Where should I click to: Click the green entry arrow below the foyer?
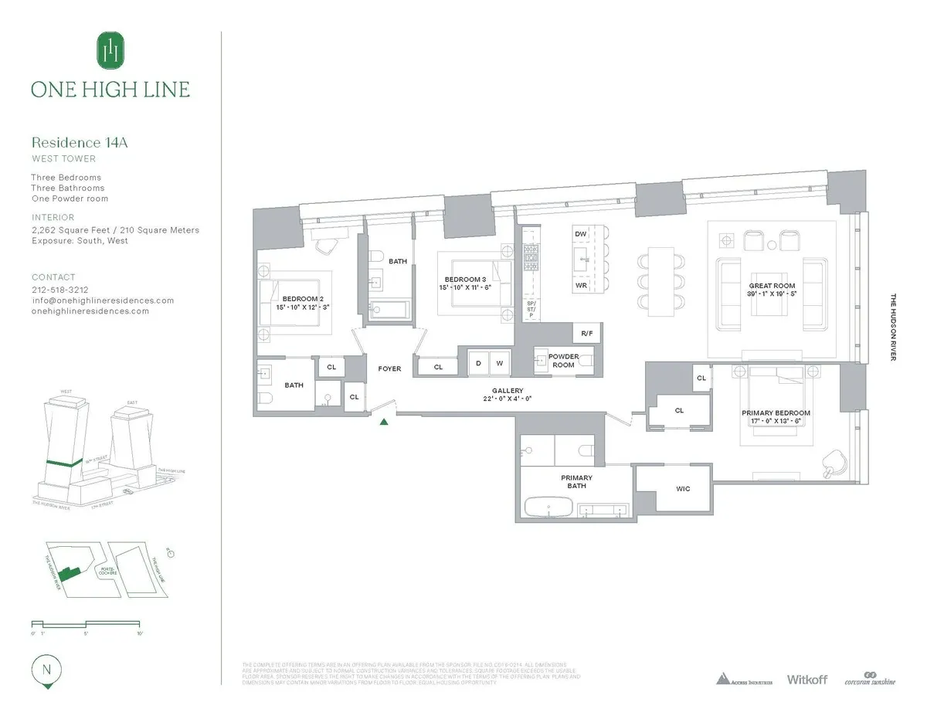point(385,421)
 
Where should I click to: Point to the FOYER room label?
point(389,369)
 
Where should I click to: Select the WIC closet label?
point(682,489)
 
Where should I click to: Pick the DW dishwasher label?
point(582,233)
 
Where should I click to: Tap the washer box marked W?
point(500,363)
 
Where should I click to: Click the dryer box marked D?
point(479,363)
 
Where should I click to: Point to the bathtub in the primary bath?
point(548,507)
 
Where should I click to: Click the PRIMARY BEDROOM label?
point(776,413)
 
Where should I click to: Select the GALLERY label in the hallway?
point(508,391)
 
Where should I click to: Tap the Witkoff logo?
point(806,680)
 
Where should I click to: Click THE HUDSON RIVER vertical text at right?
point(893,327)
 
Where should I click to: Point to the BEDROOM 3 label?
point(466,283)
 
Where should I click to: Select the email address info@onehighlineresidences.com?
point(103,300)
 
